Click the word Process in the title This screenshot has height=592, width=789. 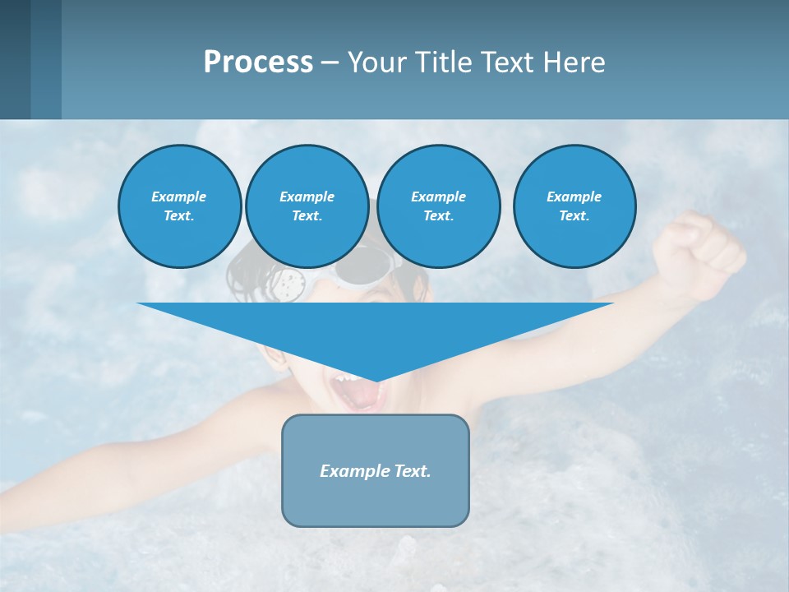258,62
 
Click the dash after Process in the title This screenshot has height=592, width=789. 330,63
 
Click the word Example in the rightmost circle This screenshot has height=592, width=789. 574,197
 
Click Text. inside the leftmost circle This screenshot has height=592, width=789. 179,215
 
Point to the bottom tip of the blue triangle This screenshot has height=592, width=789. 376,379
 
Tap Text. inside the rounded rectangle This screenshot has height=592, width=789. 412,471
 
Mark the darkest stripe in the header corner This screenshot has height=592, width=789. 15,59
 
